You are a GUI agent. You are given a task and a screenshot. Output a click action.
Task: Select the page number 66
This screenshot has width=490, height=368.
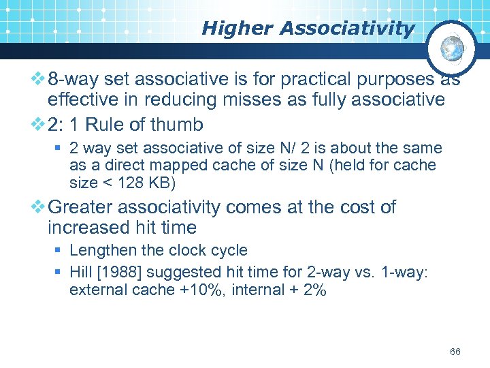pyautogui.click(x=455, y=352)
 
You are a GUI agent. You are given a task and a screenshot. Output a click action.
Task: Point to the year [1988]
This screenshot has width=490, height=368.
pyautogui.click(x=123, y=272)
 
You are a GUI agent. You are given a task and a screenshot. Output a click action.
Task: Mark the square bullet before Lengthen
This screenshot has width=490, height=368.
pyautogui.click(x=60, y=251)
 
